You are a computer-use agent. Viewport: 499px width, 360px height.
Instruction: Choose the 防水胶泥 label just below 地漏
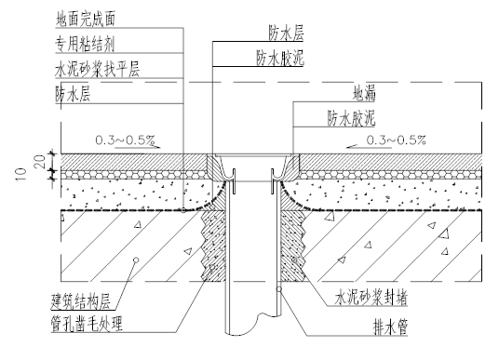pyautogui.click(x=353, y=118)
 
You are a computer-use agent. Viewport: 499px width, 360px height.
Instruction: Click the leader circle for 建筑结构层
pyautogui.click(x=136, y=257)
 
